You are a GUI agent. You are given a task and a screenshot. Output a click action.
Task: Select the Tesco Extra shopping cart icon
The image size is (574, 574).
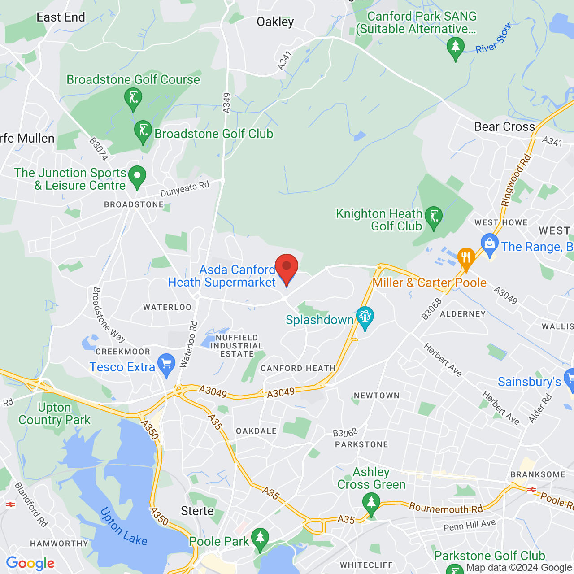166,364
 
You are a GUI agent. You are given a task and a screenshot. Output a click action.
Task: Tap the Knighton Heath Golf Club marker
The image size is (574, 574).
433,217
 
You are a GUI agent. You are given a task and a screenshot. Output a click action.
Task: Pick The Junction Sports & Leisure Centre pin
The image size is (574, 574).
137,176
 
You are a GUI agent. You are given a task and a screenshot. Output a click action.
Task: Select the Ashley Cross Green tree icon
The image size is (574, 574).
371,503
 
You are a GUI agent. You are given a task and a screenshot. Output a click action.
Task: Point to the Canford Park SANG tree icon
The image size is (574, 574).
456,47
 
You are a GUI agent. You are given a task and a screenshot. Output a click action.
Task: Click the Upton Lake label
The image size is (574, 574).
123,526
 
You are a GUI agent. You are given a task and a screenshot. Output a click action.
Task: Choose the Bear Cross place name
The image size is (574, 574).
504,127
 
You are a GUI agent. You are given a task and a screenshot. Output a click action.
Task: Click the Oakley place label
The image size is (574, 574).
275,22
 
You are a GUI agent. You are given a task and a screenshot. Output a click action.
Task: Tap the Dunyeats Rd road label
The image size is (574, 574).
185,189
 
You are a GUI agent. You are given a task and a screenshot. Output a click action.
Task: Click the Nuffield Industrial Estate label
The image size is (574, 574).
237,346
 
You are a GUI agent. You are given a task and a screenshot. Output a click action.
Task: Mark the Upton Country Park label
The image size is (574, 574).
54,414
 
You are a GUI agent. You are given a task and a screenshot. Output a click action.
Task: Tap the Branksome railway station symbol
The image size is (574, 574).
532,489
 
